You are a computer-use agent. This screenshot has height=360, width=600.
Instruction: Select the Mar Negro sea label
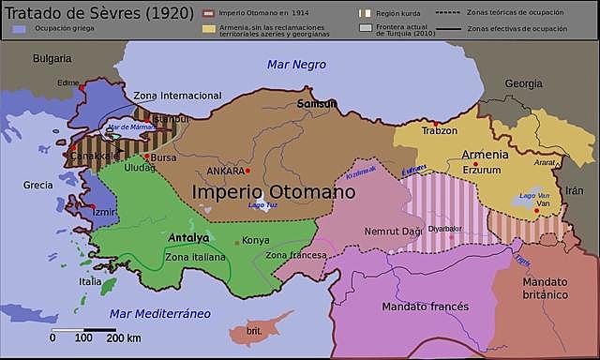pyautogui.click(x=296, y=65)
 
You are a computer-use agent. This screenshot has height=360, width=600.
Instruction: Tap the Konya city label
pyautogui.click(x=256, y=240)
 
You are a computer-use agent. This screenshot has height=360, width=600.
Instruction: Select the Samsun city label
pyautogui.click(x=317, y=102)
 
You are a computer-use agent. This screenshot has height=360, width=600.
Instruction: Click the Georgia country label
pyautogui.click(x=523, y=83)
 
